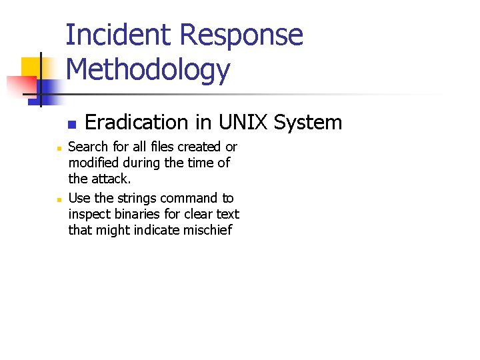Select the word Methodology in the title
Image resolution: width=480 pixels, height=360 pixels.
pyautogui.click(x=148, y=70)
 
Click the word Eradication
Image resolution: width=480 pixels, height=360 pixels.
pyautogui.click(x=137, y=123)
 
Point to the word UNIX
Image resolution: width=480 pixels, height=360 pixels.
pyautogui.click(x=239, y=123)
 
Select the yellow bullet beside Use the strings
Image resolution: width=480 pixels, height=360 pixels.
pyautogui.click(x=59, y=199)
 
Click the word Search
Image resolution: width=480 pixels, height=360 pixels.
pyautogui.click(x=89, y=147)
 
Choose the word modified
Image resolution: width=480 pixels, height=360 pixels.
pyautogui.click(x=93, y=163)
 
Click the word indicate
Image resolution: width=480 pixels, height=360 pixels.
pyautogui.click(x=159, y=231)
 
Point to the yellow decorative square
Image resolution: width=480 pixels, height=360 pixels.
pyautogui.click(x=31, y=67)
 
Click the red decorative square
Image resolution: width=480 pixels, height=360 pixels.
pyautogui.click(x=20, y=85)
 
